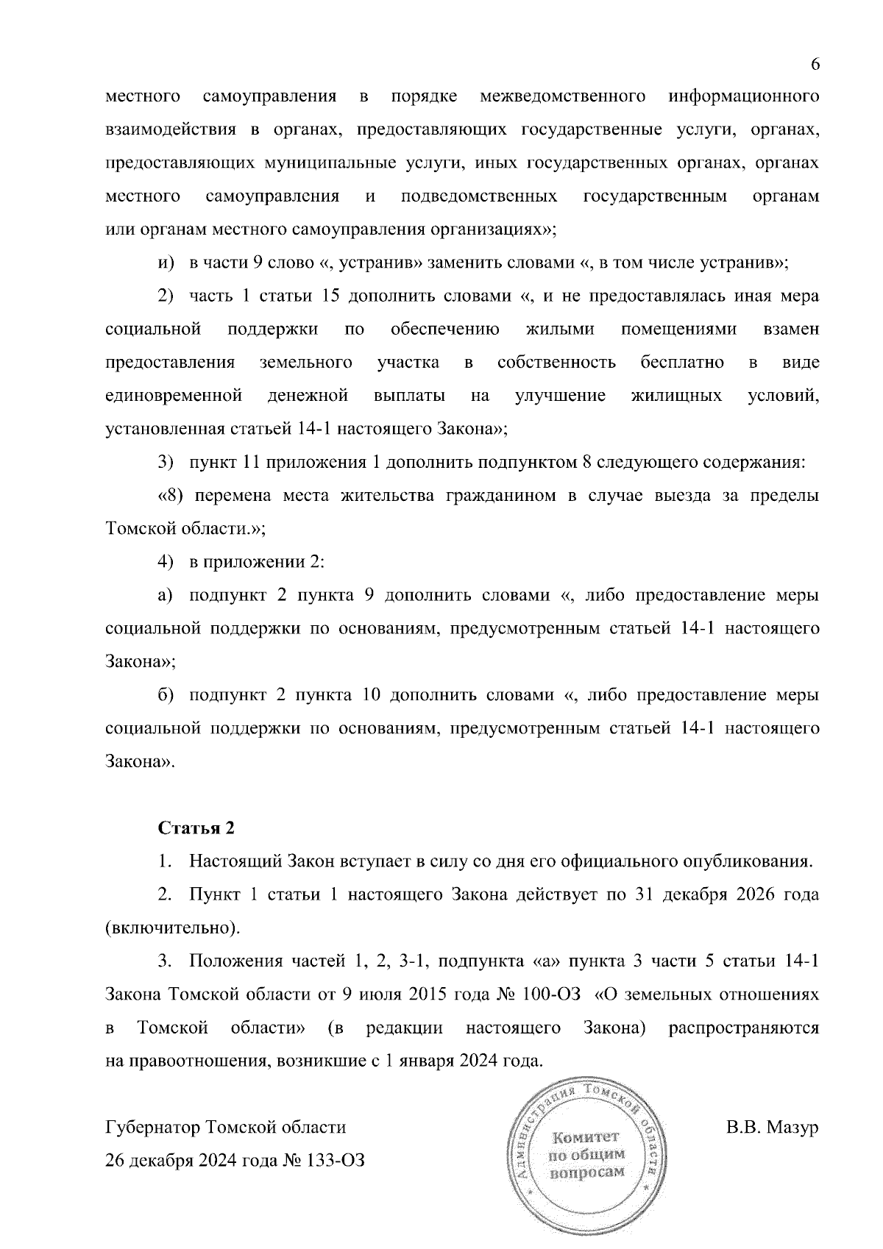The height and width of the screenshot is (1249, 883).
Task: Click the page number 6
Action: click(815, 64)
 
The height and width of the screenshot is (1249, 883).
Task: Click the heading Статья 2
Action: click(196, 828)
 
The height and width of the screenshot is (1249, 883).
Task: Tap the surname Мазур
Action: click(794, 1128)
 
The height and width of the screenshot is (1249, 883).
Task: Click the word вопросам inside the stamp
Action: click(587, 1173)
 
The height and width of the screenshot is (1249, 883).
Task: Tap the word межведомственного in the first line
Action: click(563, 97)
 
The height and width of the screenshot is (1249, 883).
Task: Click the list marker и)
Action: click(165, 263)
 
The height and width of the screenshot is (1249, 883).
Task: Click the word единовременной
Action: click(174, 396)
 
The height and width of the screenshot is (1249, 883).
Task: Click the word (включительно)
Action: click(173, 928)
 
